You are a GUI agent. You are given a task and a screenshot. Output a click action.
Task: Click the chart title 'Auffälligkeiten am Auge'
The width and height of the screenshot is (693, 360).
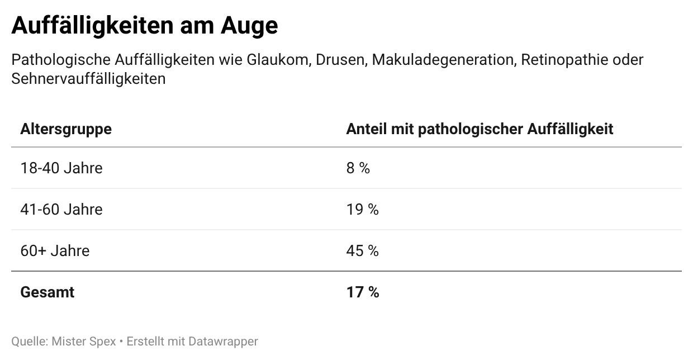pyautogui.click(x=144, y=26)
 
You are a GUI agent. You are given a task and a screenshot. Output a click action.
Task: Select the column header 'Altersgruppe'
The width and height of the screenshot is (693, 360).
pyautogui.click(x=66, y=129)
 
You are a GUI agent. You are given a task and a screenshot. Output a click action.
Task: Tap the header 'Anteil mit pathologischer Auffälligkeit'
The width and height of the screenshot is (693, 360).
pyautogui.click(x=480, y=129)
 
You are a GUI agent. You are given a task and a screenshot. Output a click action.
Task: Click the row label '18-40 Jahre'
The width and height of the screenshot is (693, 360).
pyautogui.click(x=61, y=168)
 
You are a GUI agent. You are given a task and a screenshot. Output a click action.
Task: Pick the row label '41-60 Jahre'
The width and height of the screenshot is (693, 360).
pyautogui.click(x=61, y=209)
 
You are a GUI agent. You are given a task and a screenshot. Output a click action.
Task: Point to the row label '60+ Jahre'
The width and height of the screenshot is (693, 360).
pyautogui.click(x=55, y=250)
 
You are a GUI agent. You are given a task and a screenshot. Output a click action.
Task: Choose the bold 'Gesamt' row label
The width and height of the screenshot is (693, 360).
pyautogui.click(x=48, y=292)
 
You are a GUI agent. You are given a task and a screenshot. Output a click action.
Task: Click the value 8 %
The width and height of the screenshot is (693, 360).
pyautogui.click(x=358, y=168)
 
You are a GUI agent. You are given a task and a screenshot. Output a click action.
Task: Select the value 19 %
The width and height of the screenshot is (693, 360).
pyautogui.click(x=362, y=209)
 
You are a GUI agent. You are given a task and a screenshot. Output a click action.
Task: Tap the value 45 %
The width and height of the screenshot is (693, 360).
pyautogui.click(x=362, y=250)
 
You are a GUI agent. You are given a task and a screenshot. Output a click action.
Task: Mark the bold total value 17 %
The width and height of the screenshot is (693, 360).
pyautogui.click(x=362, y=292)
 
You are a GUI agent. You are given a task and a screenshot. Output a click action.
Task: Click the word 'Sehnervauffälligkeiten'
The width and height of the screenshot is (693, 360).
pyautogui.click(x=88, y=79)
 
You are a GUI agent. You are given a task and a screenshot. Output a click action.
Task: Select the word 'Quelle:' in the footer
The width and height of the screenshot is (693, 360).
pyautogui.click(x=29, y=341)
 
